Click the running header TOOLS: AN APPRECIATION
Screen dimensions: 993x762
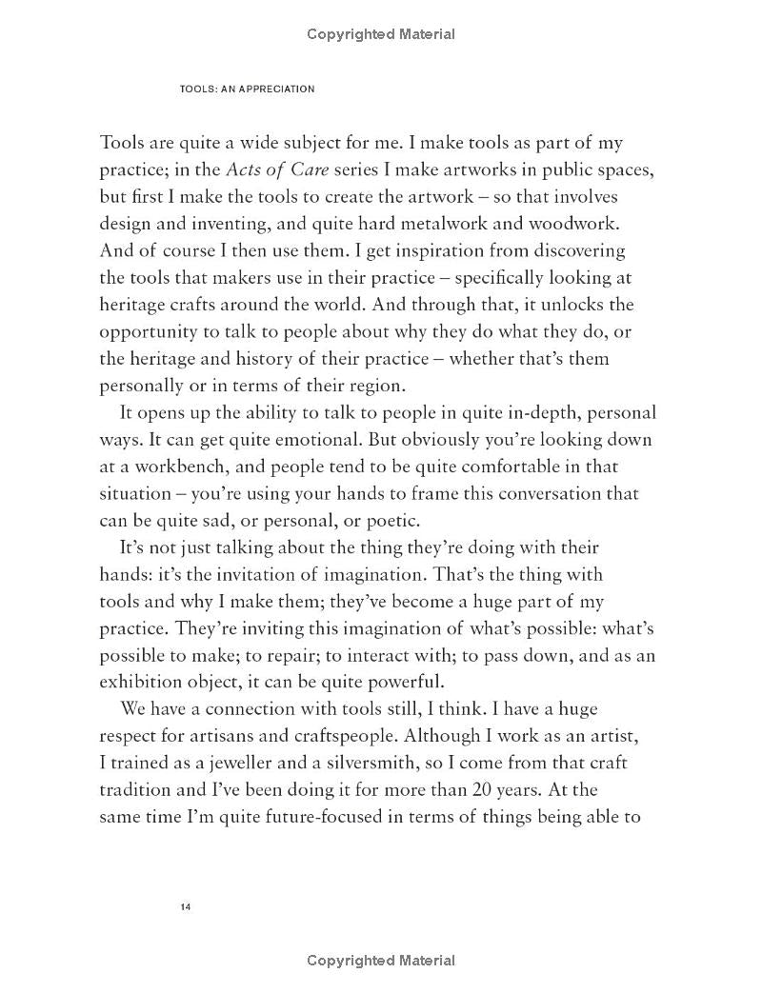tap(247, 89)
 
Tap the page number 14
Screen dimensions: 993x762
tap(186, 906)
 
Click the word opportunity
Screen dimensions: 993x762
tap(151, 332)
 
